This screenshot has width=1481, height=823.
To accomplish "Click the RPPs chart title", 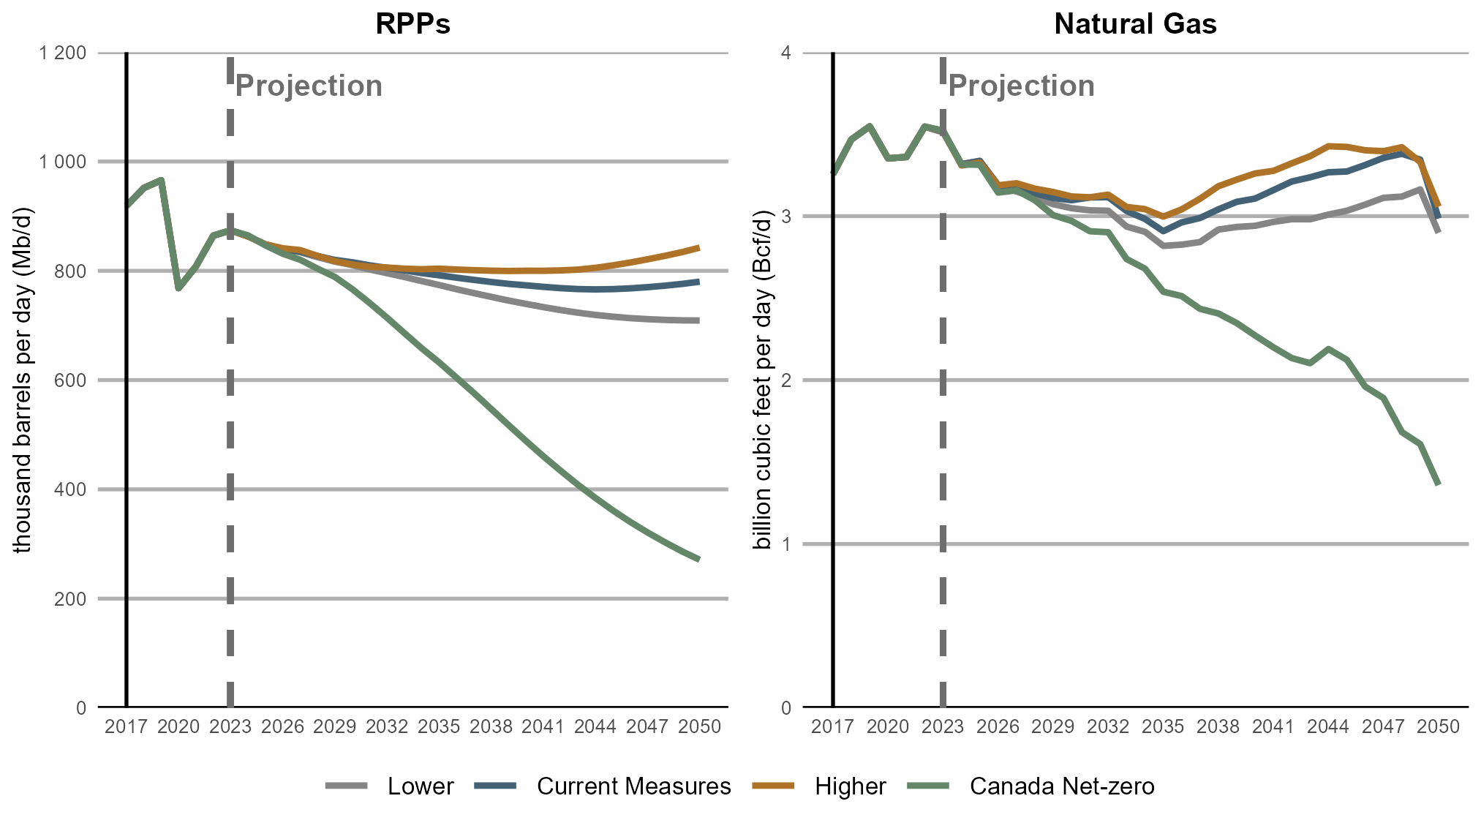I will coord(412,23).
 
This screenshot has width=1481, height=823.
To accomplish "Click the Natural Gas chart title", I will coord(1135,23).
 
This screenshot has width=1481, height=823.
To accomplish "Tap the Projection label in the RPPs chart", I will coord(309,86).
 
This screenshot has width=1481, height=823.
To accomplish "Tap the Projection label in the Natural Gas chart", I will coord(1021,86).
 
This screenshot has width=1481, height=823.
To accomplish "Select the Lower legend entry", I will coord(421,786).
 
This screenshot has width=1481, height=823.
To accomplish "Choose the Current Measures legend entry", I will coord(633,786).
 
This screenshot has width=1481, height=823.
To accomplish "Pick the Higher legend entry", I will coord(850,786).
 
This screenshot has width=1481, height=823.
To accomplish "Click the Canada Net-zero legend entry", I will coord(1062,786).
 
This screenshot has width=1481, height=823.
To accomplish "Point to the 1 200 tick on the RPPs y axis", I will coord(63,53).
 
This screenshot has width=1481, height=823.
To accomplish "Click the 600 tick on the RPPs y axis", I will coord(71,380).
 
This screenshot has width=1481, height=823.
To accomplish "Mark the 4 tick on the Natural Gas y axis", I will coord(786,53).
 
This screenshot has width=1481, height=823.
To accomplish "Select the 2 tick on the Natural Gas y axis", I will coord(786,380).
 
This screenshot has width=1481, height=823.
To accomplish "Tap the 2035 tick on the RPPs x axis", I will coord(439,726).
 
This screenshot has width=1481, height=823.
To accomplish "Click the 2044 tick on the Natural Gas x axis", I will coord(1328,726).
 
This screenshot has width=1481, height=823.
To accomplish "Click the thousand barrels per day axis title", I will coord(23,380).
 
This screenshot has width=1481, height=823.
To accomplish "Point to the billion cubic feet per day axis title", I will coord(763,380).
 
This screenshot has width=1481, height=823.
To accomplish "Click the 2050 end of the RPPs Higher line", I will coord(699,248).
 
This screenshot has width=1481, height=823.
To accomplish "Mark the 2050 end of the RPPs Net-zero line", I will coord(699,560).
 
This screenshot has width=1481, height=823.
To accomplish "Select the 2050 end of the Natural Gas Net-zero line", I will coord(1439,484).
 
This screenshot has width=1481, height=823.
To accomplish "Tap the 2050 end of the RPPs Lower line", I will coord(699,320).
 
